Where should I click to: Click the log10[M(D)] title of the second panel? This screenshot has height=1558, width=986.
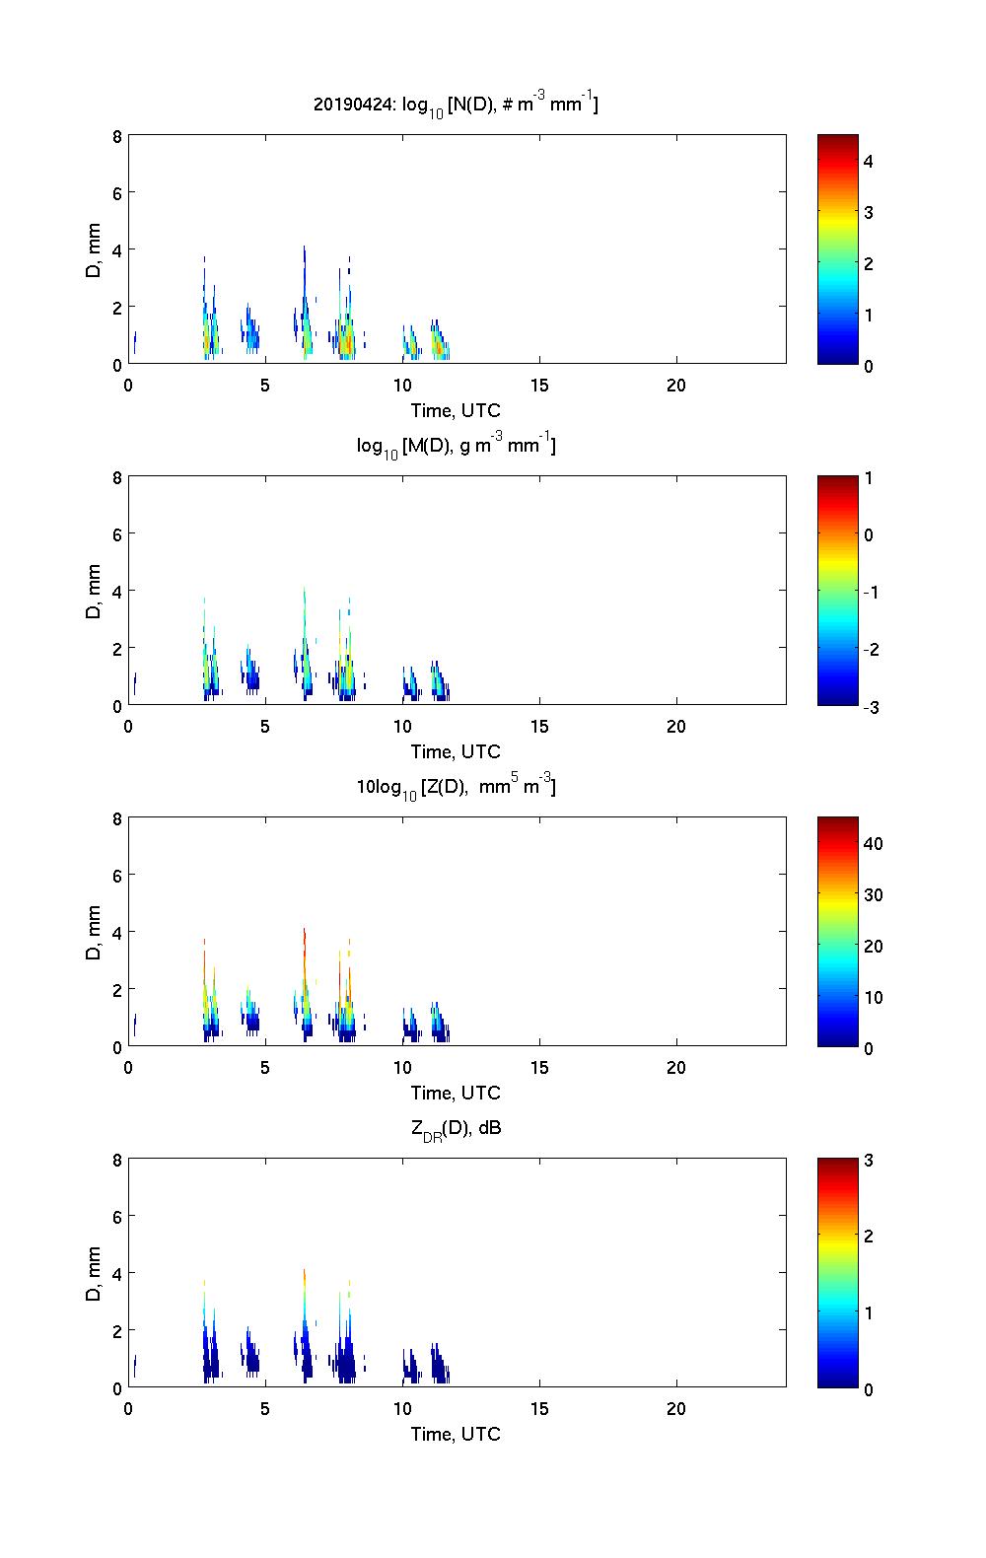pyautogui.click(x=456, y=446)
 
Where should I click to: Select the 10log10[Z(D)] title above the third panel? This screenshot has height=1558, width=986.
pyautogui.click(x=456, y=787)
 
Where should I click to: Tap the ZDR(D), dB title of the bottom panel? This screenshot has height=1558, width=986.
pyautogui.click(x=456, y=1128)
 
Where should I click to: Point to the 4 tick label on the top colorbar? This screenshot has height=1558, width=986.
pyautogui.click(x=870, y=161)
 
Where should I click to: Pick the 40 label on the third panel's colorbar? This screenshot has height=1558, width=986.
pyautogui.click(x=873, y=844)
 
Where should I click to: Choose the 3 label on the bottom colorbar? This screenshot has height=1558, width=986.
pyautogui.click(x=869, y=1161)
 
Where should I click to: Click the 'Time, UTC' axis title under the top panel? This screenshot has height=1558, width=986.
pyautogui.click(x=456, y=410)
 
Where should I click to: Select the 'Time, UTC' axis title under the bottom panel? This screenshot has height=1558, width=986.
pyautogui.click(x=456, y=1434)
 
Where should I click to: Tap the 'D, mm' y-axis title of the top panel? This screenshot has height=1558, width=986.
pyautogui.click(x=95, y=249)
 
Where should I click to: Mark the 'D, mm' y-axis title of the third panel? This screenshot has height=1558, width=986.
pyautogui.click(x=95, y=932)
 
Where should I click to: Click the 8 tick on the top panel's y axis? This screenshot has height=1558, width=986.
pyautogui.click(x=117, y=137)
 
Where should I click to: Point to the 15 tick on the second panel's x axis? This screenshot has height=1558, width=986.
pyautogui.click(x=539, y=727)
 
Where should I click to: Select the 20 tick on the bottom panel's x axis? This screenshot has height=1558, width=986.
pyautogui.click(x=676, y=1409)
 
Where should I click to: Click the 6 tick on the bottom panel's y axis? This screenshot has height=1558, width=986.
pyautogui.click(x=117, y=1217)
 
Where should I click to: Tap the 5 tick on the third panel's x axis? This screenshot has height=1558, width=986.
pyautogui.click(x=265, y=1068)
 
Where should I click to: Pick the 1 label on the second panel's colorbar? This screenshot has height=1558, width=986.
pyautogui.click(x=869, y=478)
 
